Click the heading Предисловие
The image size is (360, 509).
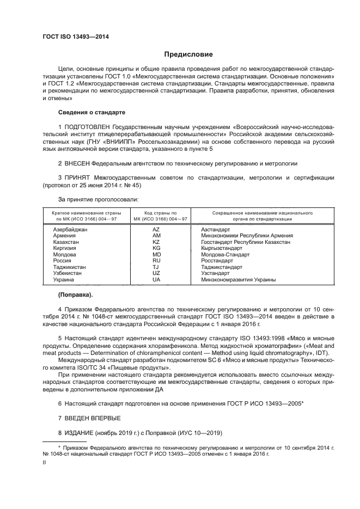click(185, 54)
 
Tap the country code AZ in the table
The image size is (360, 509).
click(156, 230)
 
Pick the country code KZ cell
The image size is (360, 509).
click(156, 242)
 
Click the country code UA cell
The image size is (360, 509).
click(156, 279)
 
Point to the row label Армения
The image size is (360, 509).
click(64, 236)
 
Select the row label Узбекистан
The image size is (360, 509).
click(68, 273)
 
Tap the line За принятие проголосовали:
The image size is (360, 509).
click(94, 199)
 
